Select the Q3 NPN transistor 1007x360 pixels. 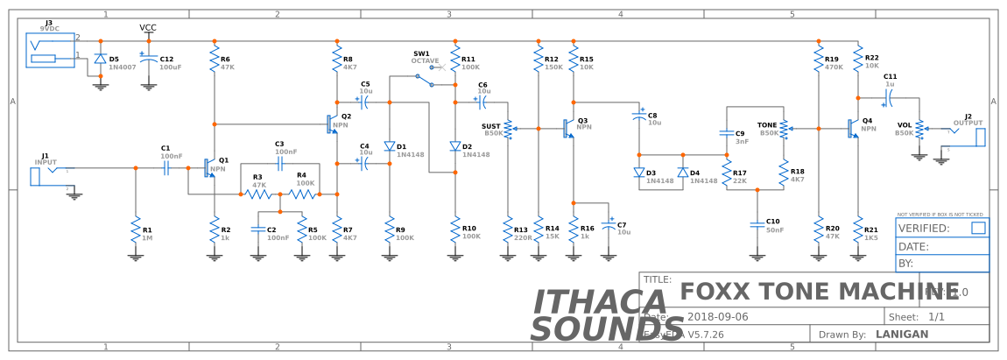[x=569, y=128]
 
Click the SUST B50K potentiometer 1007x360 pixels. [x=509, y=129]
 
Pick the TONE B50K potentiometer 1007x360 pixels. [x=784, y=129]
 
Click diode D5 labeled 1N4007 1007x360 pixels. [x=100, y=60]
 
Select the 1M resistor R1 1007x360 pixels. [x=135, y=233]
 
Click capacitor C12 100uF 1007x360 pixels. [x=149, y=61]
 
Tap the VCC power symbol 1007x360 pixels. [x=149, y=29]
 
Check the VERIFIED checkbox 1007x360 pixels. [x=978, y=228]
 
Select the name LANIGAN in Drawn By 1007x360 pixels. [x=901, y=334]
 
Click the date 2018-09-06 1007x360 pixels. [x=718, y=316]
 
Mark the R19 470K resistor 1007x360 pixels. [x=819, y=62]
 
